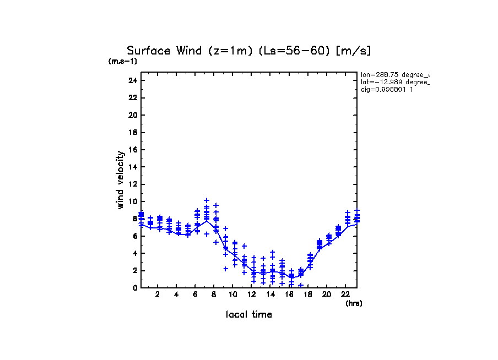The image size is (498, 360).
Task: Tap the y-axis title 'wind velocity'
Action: tap(120, 180)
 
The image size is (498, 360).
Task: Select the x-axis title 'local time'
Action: tap(248, 315)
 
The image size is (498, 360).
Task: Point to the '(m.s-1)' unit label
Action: tap(123, 61)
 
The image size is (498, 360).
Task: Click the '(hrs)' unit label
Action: tap(354, 303)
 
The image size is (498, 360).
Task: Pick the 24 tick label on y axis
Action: tap(132, 80)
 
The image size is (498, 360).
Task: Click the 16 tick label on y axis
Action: tap(132, 150)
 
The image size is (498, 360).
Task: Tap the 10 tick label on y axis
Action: tap(132, 201)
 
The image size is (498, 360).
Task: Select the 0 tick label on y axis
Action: tap(134, 288)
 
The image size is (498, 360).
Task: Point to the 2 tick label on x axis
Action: tap(158, 294)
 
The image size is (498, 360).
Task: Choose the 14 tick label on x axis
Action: tap(270, 294)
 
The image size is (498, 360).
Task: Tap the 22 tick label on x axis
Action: tap(345, 294)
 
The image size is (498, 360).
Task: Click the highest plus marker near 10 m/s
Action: tap(207, 201)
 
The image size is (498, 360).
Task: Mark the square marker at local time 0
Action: tap(141, 214)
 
